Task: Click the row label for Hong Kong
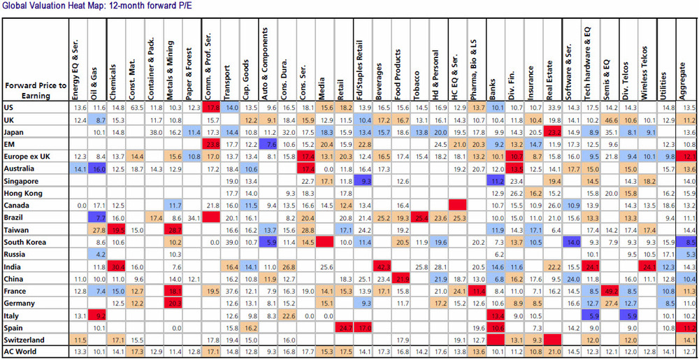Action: click(24, 192)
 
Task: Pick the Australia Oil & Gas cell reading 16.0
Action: click(99, 168)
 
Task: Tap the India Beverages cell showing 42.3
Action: click(382, 266)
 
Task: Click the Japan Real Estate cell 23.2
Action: click(555, 131)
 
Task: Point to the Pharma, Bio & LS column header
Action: click(478, 63)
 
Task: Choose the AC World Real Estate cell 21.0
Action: click(555, 350)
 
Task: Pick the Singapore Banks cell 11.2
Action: click(498, 180)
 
